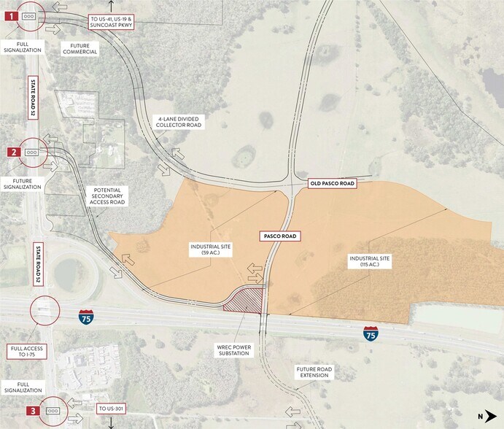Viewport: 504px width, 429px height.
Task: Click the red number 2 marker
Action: tap(13, 152)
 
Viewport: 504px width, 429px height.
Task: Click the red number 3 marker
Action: tap(13, 411)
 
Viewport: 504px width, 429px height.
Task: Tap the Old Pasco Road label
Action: tap(332, 184)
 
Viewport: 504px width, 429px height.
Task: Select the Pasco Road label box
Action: tap(281, 236)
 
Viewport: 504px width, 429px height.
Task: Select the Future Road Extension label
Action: tap(314, 374)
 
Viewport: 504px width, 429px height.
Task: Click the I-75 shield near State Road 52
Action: tap(86, 317)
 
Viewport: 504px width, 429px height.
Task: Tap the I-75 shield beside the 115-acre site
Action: tap(371, 335)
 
